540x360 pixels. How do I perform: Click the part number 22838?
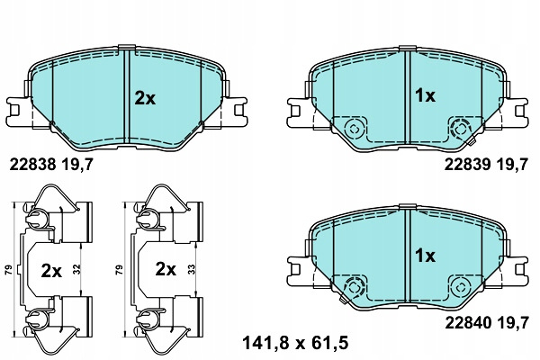click(32, 165)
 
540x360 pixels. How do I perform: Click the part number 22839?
click(467, 165)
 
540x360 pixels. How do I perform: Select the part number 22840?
click(468, 323)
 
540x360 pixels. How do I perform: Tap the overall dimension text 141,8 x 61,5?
click(295, 343)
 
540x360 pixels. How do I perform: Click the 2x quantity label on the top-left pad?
click(145, 99)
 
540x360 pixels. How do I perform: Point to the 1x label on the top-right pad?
click(426, 95)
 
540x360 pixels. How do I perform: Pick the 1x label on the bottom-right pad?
click(426, 256)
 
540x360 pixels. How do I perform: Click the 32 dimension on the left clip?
click(76, 269)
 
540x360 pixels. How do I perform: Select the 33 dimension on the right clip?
click(193, 269)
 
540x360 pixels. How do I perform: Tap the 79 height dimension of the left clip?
click(9, 269)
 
